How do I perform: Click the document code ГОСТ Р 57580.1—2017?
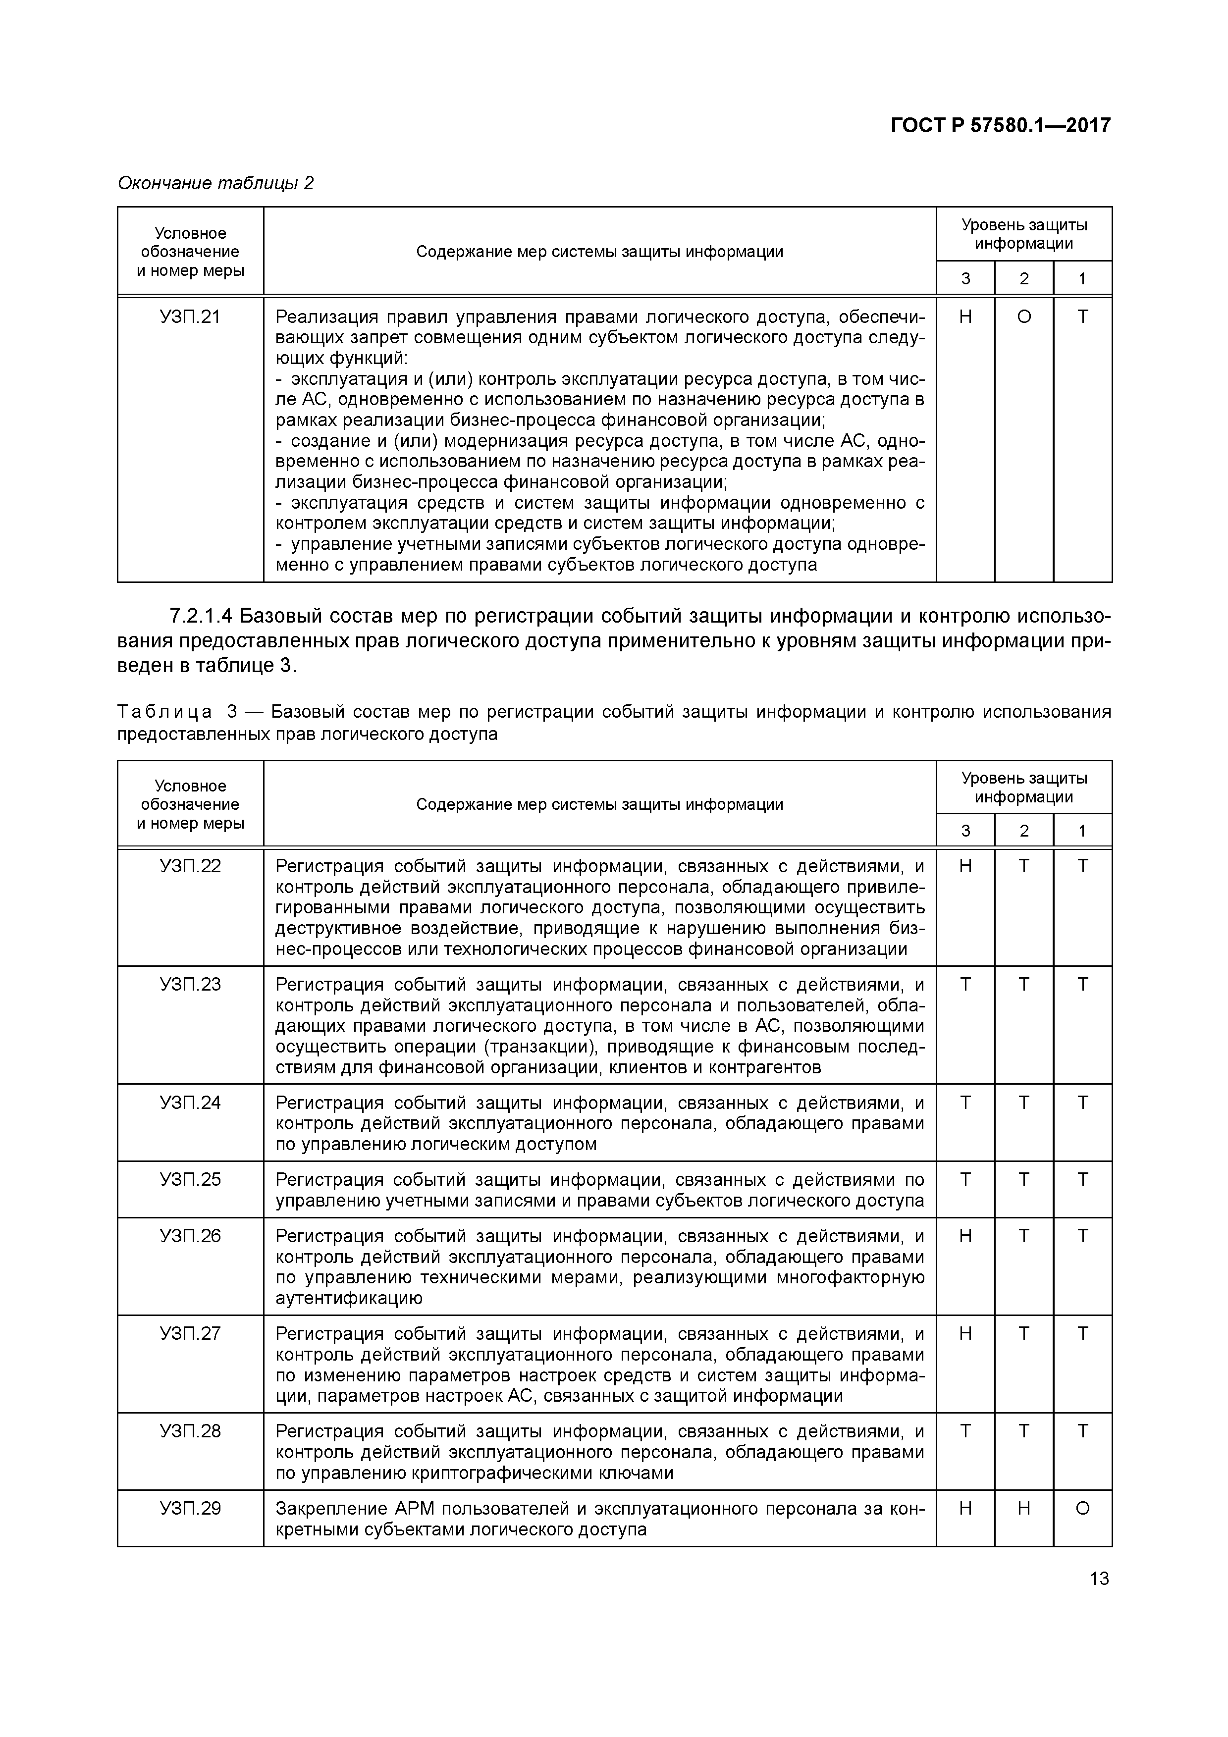tap(1000, 125)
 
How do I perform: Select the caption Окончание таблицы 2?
tap(215, 183)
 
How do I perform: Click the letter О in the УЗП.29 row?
tap(1082, 1509)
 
